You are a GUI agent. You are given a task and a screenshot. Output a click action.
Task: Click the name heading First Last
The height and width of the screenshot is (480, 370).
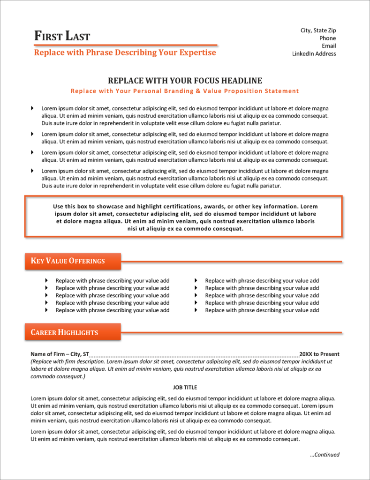62,36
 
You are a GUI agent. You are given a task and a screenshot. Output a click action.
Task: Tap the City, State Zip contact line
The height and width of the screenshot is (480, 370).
318,30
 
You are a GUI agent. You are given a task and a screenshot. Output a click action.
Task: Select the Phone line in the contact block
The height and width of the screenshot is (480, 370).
327,38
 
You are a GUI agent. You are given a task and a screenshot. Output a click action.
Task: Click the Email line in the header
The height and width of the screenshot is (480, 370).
329,46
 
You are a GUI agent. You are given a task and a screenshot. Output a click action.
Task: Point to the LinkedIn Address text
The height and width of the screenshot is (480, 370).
314,53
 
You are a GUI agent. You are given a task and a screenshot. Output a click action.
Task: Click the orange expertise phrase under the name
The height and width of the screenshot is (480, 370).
125,52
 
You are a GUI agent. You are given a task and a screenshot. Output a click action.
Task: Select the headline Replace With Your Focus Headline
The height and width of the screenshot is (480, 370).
185,81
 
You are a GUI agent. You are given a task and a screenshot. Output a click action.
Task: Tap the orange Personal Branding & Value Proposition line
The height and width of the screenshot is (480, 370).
185,91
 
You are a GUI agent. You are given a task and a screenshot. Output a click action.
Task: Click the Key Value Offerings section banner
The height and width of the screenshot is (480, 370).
73,261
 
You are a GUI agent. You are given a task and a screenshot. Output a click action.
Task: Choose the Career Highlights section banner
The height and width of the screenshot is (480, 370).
73,332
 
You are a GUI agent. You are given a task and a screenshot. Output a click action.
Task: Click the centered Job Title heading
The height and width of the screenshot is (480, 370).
185,387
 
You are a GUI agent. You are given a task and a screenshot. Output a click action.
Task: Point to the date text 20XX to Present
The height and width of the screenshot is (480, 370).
319,354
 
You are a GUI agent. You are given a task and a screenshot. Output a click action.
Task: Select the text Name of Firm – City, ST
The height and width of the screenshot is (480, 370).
60,354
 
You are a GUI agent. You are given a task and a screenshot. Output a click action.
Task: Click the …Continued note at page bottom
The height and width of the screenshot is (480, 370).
325,455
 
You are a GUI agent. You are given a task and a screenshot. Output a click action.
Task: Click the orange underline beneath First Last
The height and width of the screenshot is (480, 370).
126,45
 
